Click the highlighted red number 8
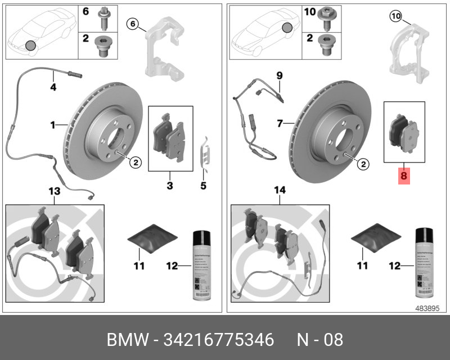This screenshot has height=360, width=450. tap(404, 176)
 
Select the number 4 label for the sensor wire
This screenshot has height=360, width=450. tap(53, 87)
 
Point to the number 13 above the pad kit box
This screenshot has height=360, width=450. tap(53, 192)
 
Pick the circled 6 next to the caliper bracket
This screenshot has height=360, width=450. tap(133, 23)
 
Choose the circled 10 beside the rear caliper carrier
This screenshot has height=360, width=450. tap(395, 16)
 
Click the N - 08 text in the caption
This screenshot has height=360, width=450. tap(319, 340)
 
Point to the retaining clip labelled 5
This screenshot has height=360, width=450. tap(206, 152)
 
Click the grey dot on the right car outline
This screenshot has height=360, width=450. tap(288, 28)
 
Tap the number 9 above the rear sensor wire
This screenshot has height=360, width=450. tap(279, 75)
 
